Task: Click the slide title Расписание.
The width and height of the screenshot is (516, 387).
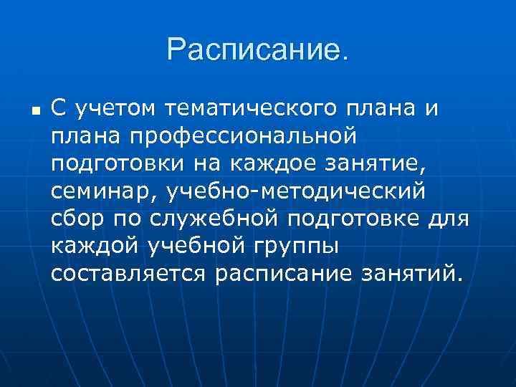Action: [259, 50]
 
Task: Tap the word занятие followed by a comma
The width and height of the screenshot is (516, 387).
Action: [378, 163]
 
